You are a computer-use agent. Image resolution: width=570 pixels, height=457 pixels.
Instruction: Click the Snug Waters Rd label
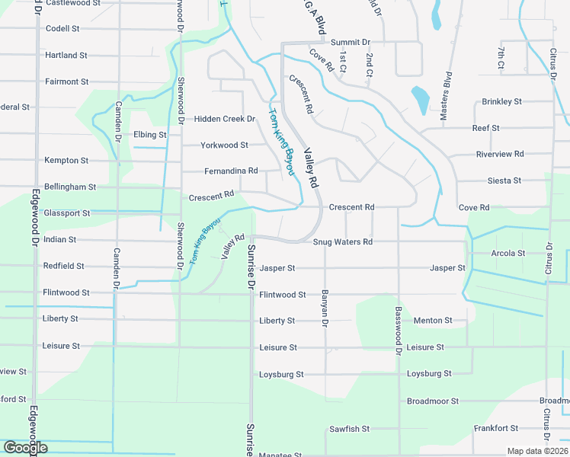pyautogui.click(x=342, y=242)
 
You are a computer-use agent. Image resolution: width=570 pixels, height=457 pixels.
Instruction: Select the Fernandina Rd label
pyautogui.click(x=231, y=171)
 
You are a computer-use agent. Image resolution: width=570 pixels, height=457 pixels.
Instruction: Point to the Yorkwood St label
pyautogui.click(x=224, y=145)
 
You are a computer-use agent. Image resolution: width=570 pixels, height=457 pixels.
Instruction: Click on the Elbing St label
pyautogui.click(x=149, y=135)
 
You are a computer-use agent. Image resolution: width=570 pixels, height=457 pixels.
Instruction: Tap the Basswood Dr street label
pyautogui.click(x=398, y=331)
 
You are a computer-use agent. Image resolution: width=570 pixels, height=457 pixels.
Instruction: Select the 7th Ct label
pyautogui.click(x=501, y=59)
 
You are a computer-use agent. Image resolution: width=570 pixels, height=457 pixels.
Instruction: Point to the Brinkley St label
pyautogui.click(x=501, y=102)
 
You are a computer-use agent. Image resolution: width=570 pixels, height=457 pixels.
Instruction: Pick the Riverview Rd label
pyautogui.click(x=499, y=155)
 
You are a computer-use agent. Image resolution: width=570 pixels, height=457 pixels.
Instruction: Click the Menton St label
pyautogui.click(x=433, y=321)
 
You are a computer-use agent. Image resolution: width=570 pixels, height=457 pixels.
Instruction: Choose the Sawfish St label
pyautogui.click(x=349, y=430)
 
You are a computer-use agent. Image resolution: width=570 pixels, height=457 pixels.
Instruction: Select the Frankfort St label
pyautogui.click(x=495, y=429)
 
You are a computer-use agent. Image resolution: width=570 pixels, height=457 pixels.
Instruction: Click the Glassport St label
pyautogui.click(x=67, y=213)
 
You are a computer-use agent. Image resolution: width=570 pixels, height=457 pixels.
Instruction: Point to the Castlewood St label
pyautogui.click(x=72, y=4)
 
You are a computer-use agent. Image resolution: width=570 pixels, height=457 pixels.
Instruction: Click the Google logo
pyautogui.click(x=25, y=448)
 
